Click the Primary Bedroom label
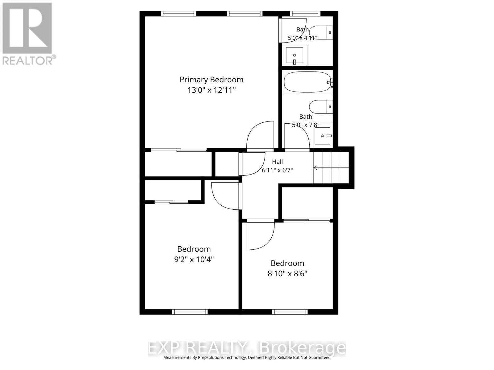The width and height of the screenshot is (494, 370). [211, 80]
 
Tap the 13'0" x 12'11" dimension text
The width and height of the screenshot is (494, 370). [211, 90]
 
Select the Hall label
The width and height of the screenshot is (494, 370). [277, 162]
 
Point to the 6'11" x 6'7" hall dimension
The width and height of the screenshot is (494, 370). [277, 170]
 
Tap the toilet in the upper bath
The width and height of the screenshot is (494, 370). [321, 33]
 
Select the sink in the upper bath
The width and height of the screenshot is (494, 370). [294, 55]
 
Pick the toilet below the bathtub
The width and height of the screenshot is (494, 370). [321, 107]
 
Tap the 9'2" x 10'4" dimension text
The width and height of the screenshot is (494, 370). [194, 260]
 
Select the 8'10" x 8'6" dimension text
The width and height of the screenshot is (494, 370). [287, 274]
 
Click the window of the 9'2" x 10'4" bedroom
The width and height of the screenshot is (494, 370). [190, 312]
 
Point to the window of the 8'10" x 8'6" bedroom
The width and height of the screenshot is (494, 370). [290, 312]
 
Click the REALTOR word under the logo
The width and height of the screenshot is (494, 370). [27, 61]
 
